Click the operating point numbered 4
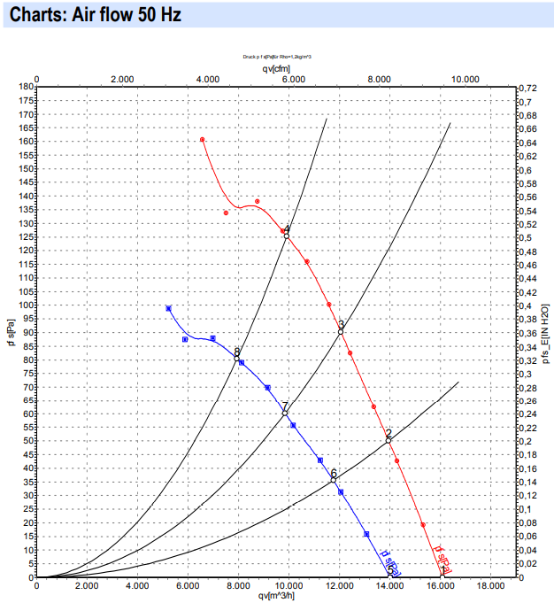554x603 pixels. [287, 236]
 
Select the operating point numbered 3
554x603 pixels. [341, 331]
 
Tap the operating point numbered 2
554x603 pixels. [389, 440]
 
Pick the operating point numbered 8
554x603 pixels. [237, 358]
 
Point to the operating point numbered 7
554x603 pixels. [285, 413]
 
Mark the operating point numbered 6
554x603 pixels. [334, 480]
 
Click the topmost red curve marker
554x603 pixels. [203, 140]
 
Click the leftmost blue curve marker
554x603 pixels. [168, 308]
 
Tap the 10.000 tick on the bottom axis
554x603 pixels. [289, 585]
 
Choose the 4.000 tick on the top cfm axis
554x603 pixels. [207, 79]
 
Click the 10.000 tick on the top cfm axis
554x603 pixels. [466, 79]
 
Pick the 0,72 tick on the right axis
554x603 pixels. [527, 89]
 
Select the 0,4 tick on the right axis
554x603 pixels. [525, 305]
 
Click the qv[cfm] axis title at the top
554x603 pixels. [275, 67]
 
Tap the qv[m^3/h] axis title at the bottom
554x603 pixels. [275, 596]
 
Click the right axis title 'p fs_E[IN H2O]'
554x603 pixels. [546, 332]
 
